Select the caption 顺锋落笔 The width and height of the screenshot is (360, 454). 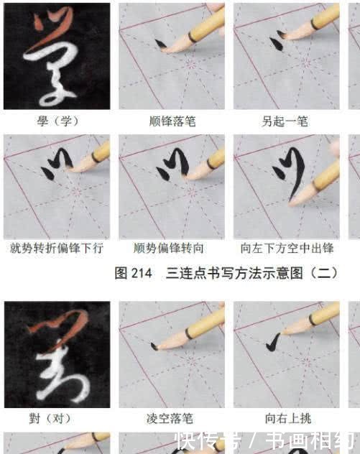(x=170, y=121)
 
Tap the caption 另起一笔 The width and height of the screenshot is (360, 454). (x=285, y=121)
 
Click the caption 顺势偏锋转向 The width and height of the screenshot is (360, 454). (x=170, y=248)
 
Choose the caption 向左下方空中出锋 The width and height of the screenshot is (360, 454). (x=285, y=248)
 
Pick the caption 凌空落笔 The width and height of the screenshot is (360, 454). (x=170, y=419)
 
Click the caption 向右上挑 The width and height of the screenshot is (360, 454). (x=285, y=419)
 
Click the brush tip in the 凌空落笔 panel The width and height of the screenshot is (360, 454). (x=156, y=346)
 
